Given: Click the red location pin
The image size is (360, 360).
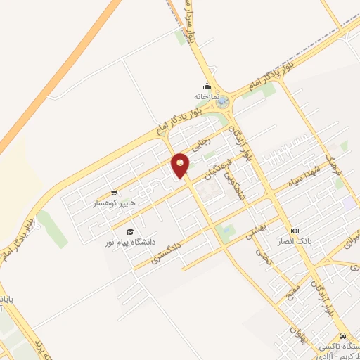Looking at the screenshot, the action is [x=181, y=165].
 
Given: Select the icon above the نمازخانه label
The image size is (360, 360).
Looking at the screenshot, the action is [x=207, y=86].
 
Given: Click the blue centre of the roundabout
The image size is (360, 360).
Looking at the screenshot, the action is [x=224, y=103].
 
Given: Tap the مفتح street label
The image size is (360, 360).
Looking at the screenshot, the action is [x=291, y=286].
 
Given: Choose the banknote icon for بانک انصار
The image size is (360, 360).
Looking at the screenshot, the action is [x=295, y=231].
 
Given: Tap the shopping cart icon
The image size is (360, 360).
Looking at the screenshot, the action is [x=113, y=192].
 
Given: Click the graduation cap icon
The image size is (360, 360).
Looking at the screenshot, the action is [x=129, y=231].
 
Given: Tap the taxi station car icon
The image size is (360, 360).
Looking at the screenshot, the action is [x=342, y=336].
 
